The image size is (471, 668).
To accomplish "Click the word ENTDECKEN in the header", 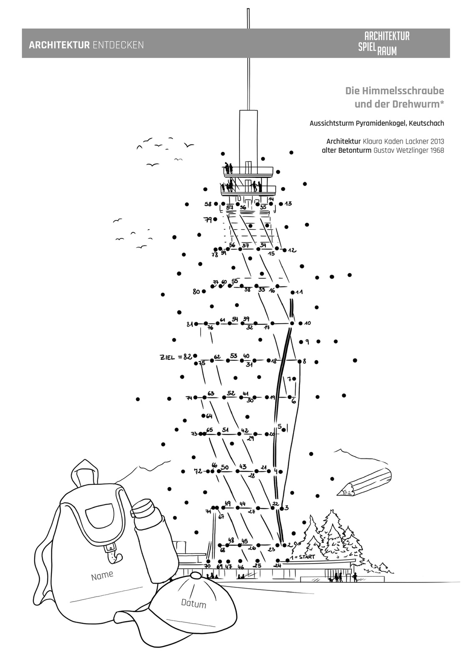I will [118, 45].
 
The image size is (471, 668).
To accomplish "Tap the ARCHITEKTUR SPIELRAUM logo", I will [383, 43].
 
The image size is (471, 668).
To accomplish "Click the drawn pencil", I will [364, 482].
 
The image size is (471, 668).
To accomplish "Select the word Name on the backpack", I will [102, 575].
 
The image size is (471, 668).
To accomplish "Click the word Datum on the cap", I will [193, 604].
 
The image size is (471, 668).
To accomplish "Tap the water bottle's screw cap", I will [142, 509].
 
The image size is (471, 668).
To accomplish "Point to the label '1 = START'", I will [303, 557].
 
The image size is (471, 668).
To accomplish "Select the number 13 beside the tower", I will [288, 204].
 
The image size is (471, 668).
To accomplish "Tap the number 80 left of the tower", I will [196, 292].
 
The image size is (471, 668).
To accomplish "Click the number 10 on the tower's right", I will [308, 323].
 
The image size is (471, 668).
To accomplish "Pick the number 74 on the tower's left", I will [189, 398].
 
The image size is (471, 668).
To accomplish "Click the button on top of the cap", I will [196, 575].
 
